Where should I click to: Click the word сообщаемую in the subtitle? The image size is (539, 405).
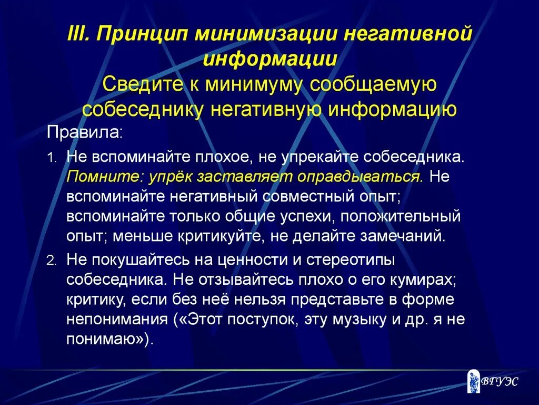click(x=375, y=84)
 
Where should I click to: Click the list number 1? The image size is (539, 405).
click(x=51, y=157)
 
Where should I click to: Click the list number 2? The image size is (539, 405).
click(x=51, y=260)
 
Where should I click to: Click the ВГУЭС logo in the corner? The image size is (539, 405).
click(x=493, y=381)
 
